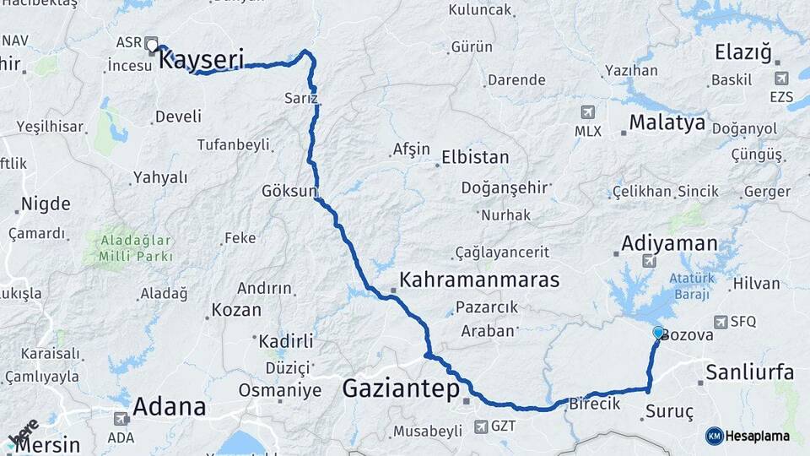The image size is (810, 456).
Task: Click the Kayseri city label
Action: (202, 59)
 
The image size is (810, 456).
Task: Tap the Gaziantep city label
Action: (401, 388)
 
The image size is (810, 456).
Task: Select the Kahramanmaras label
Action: (479, 280)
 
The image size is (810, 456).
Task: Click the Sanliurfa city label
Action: (749, 372)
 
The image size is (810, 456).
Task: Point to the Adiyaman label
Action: (669, 244)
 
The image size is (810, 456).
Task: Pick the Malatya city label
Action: (667, 123)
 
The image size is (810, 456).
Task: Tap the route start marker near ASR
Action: (151, 44)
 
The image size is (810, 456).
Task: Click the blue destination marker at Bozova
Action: (658, 333)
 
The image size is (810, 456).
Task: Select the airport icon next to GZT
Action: (481, 426)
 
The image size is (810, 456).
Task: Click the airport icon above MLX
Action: (588, 112)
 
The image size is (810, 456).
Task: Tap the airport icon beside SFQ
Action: (720, 322)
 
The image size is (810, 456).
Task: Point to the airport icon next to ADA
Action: (121, 419)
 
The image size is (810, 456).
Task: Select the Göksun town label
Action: (289, 189)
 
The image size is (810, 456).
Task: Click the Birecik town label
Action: (594, 404)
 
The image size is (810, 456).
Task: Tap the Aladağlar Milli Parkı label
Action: (135, 247)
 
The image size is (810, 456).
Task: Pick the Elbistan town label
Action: (475, 157)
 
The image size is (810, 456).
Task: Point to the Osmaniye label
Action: (279, 390)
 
